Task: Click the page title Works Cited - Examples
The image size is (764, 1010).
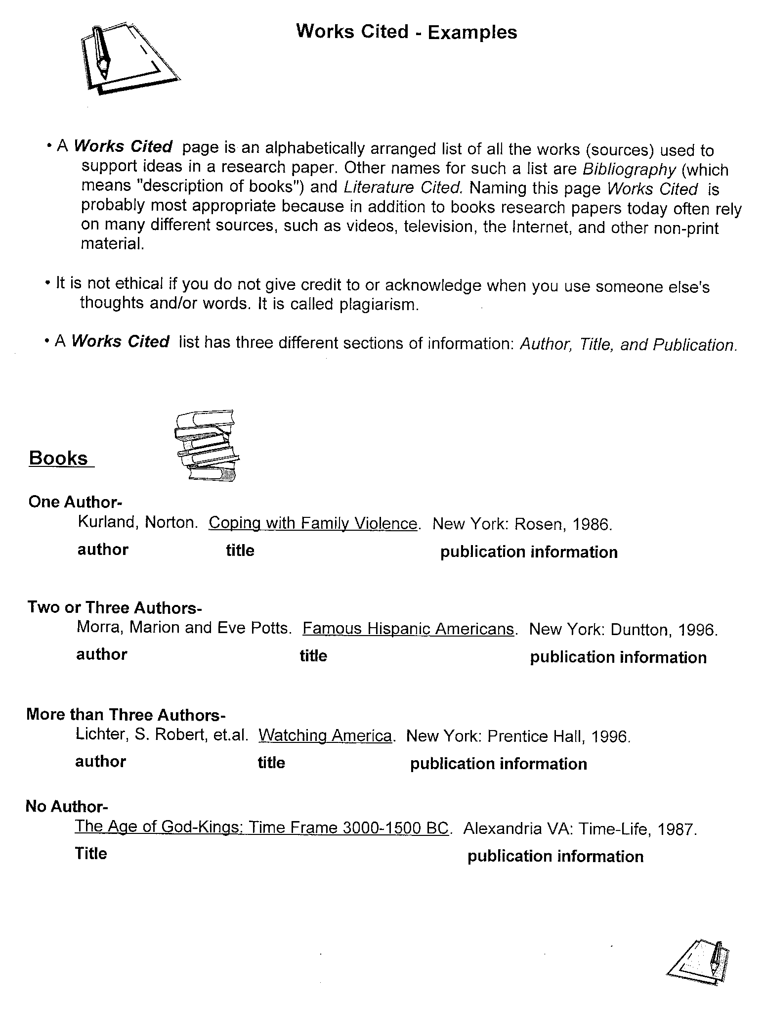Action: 406,32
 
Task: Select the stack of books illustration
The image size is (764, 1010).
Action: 207,446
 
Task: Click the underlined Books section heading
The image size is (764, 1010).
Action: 58,458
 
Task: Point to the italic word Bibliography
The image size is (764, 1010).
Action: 629,169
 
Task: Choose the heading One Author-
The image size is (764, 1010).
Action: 75,502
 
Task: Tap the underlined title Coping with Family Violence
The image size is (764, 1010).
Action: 313,523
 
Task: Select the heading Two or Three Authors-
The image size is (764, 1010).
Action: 115,607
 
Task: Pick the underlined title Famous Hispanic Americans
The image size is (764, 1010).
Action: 408,629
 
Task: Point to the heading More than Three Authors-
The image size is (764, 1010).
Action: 126,715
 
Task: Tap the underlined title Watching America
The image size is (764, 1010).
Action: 325,736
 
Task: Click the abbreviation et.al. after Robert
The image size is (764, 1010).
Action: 230,735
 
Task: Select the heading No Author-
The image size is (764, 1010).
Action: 66,807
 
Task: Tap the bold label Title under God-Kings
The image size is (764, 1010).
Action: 91,853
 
